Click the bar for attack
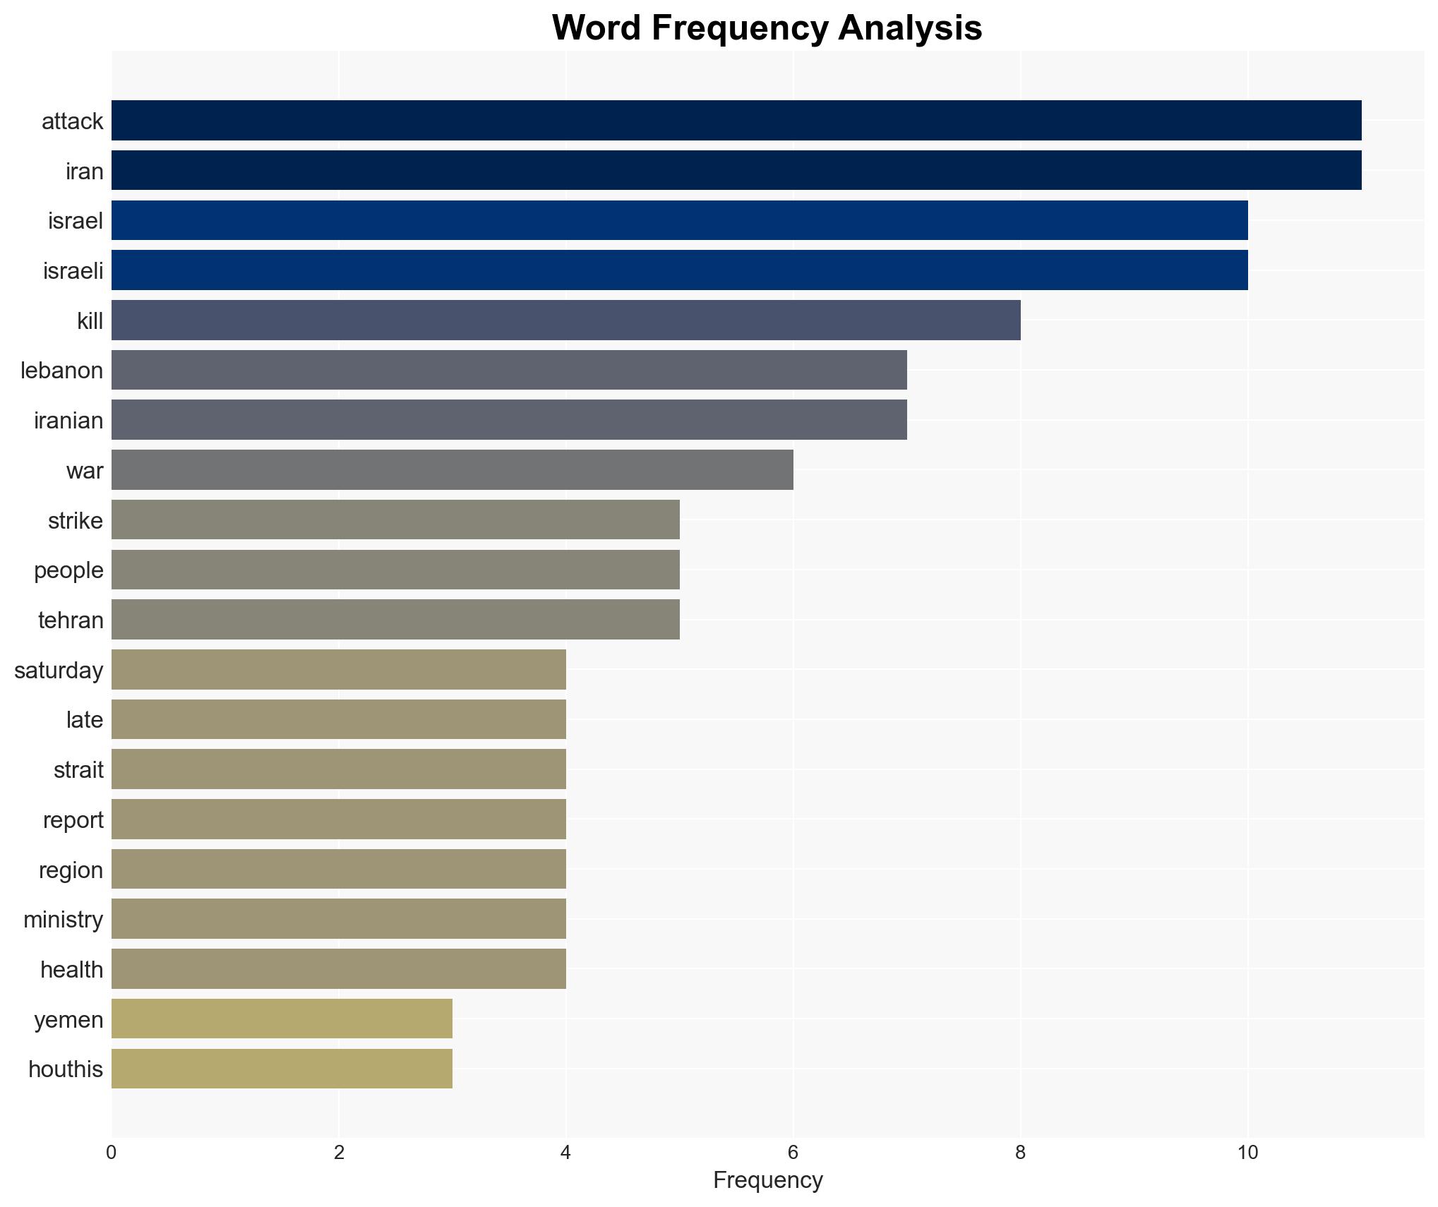click(x=736, y=120)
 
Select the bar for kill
click(x=565, y=320)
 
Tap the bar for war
click(x=452, y=469)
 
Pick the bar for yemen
click(x=282, y=1019)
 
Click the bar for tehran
click(x=395, y=619)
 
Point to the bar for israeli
click(x=679, y=270)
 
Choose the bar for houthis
click(x=282, y=1069)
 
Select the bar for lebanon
click(x=509, y=370)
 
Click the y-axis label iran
click(x=84, y=171)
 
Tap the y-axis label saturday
click(x=59, y=670)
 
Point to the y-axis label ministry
click(x=63, y=919)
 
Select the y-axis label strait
click(x=78, y=769)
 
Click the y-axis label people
click(x=68, y=570)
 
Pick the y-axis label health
click(x=71, y=969)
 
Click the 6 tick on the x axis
click(x=793, y=1153)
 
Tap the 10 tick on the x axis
click(x=1247, y=1153)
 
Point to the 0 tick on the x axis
click(x=112, y=1153)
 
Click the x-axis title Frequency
click(x=767, y=1180)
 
